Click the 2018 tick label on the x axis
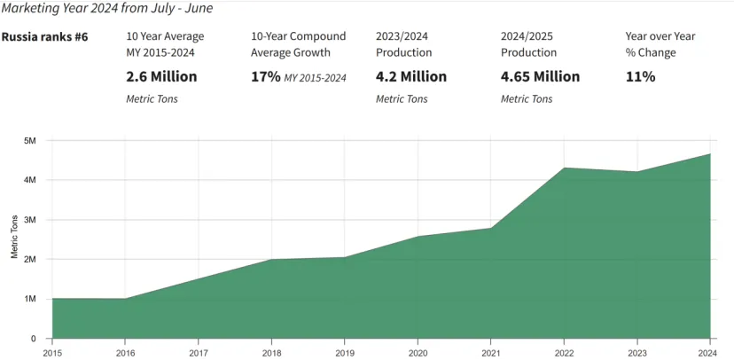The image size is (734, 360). tap(271, 352)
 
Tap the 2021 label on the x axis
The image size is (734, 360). tap(490, 352)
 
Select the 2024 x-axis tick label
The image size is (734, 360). tap(710, 352)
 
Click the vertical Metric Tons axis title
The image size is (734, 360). tap(15, 237)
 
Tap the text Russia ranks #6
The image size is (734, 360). tap(45, 36)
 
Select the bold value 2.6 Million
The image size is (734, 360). tap(161, 76)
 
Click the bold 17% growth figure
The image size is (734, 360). tap(265, 76)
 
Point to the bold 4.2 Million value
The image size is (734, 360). tap(411, 76)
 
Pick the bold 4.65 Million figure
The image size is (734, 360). tap(540, 76)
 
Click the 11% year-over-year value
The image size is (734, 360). tap(640, 76)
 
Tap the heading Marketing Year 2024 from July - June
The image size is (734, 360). tap(107, 8)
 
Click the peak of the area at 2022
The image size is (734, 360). tap(564, 168)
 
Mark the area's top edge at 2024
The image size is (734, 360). tap(710, 153)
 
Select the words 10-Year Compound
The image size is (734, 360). tap(298, 36)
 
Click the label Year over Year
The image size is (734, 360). tap(660, 36)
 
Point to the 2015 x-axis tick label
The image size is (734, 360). tap(51, 352)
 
